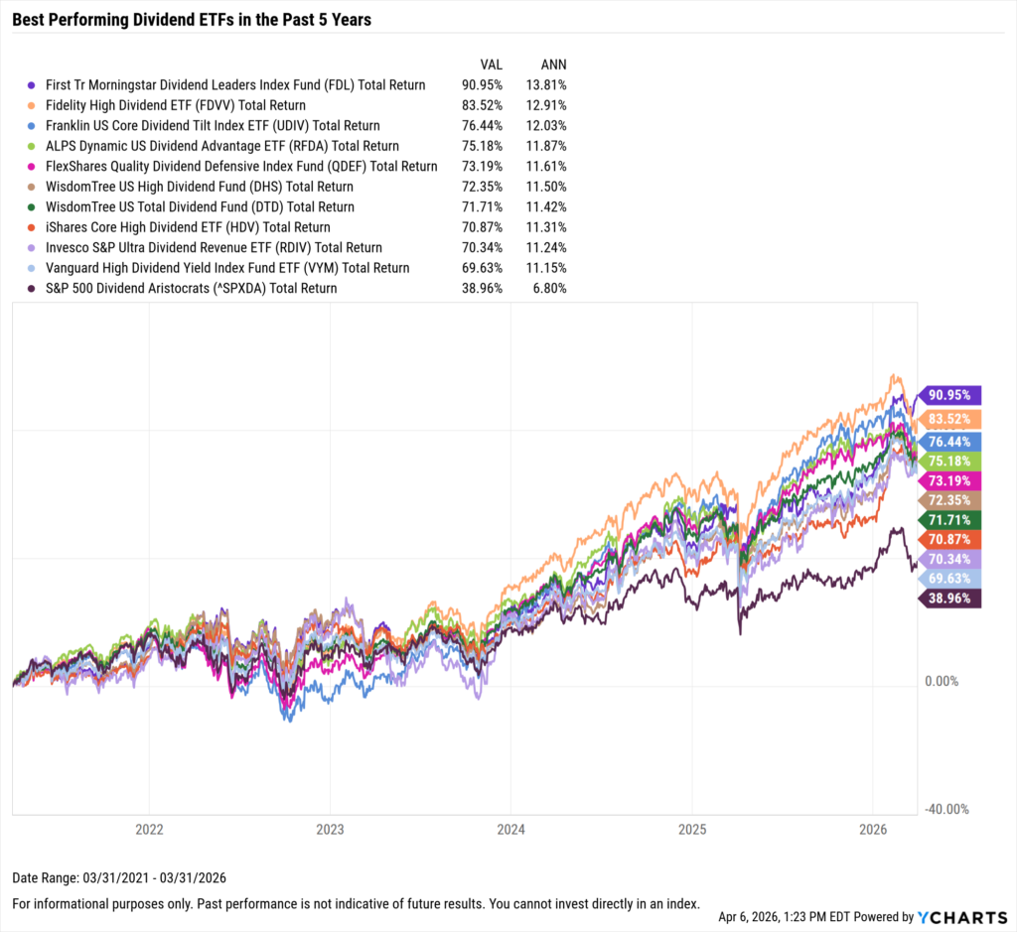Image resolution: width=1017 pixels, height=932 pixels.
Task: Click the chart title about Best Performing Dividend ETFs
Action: [192, 19]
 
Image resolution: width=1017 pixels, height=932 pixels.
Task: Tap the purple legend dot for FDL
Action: [33, 85]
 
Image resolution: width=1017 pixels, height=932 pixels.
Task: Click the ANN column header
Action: [552, 63]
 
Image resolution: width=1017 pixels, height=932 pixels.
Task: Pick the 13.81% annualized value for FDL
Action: [546, 85]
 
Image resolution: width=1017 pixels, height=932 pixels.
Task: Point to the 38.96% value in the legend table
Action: [484, 289]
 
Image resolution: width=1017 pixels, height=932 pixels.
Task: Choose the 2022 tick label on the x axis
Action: [149, 829]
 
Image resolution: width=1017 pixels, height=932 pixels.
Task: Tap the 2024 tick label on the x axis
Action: [510, 829]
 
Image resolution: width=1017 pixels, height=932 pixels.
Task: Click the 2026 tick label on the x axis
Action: [872, 829]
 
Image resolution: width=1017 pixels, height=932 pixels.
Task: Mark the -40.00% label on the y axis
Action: [947, 809]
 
